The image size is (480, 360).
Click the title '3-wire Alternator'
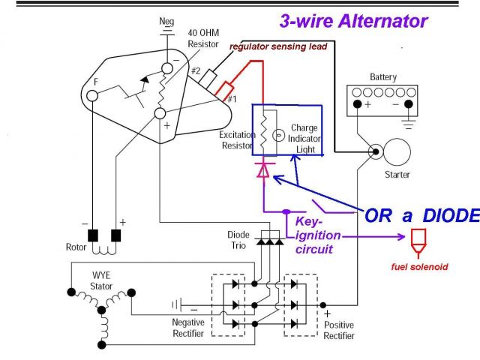[x=353, y=22]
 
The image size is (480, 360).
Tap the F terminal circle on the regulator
[x=92, y=96]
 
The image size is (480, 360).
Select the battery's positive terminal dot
[x=357, y=104]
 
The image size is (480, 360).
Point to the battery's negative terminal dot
[x=408, y=104]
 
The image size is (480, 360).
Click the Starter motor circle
[x=397, y=151]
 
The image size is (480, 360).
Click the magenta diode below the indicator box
[x=263, y=170]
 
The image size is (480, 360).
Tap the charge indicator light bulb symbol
[x=278, y=135]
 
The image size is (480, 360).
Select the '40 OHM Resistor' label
[x=203, y=38]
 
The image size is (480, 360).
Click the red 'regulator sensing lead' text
[x=278, y=46]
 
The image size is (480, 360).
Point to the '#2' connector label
[x=196, y=70]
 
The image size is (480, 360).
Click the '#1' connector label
[x=232, y=99]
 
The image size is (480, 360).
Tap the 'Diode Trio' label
[x=238, y=240]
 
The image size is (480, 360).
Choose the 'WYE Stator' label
[x=101, y=280]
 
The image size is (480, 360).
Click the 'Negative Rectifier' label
[x=188, y=328]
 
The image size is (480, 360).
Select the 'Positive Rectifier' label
[x=339, y=330]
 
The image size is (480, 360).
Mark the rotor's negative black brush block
[x=93, y=235]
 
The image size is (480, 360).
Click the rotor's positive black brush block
[x=116, y=235]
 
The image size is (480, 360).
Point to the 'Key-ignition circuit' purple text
[x=318, y=235]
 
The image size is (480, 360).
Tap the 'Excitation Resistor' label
[x=237, y=140]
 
